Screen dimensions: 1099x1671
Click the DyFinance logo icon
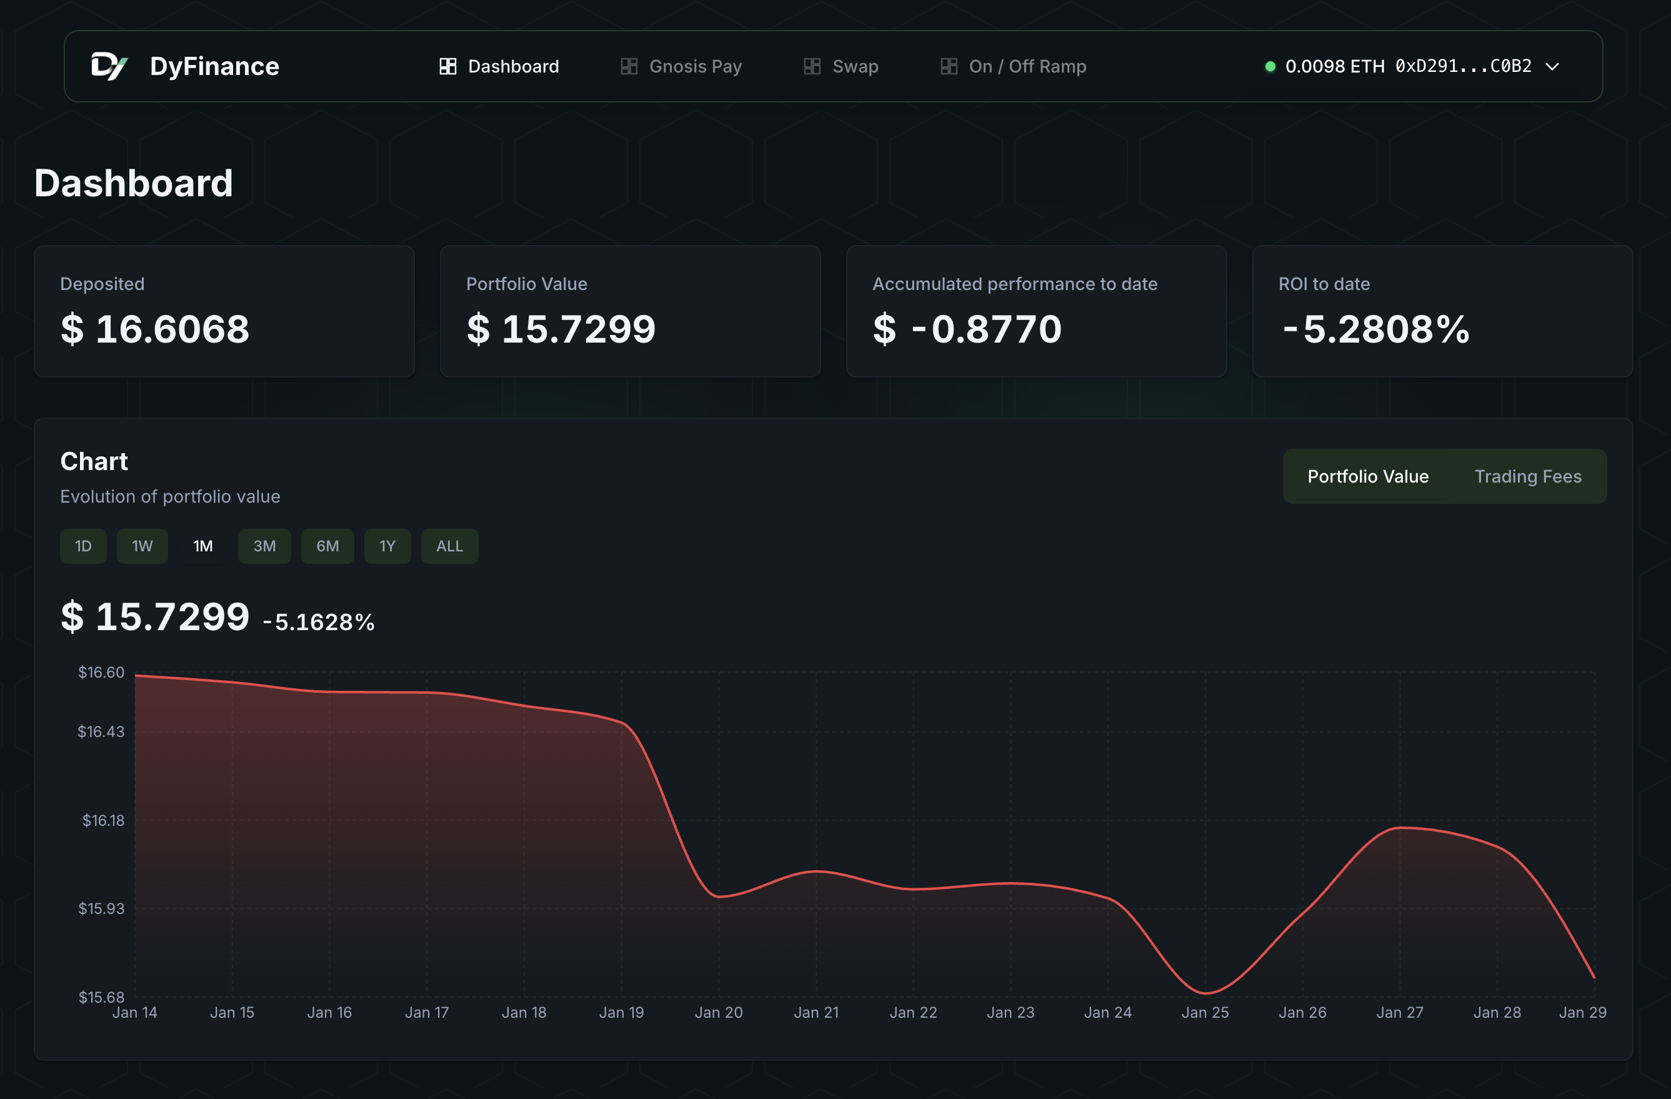click(109, 66)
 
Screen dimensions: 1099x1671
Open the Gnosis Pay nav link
click(681, 66)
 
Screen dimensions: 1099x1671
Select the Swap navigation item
click(841, 66)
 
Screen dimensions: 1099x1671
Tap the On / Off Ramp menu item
click(1013, 66)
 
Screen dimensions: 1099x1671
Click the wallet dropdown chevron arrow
click(1552, 67)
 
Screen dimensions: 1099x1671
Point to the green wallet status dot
click(1269, 67)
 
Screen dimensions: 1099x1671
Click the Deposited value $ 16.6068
click(154, 329)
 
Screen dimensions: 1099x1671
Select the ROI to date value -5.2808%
click(1375, 329)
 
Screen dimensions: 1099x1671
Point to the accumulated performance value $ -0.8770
click(967, 329)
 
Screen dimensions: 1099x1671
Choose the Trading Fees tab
click(1527, 476)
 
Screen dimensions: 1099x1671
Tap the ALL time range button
click(449, 546)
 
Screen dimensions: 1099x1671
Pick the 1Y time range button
click(387, 546)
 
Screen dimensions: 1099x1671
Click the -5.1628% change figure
click(318, 621)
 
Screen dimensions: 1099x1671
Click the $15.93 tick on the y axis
click(101, 908)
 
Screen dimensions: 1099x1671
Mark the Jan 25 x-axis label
click(1205, 1012)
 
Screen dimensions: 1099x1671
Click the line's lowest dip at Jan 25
click(1205, 993)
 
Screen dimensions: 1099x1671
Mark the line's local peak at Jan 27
click(1399, 828)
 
